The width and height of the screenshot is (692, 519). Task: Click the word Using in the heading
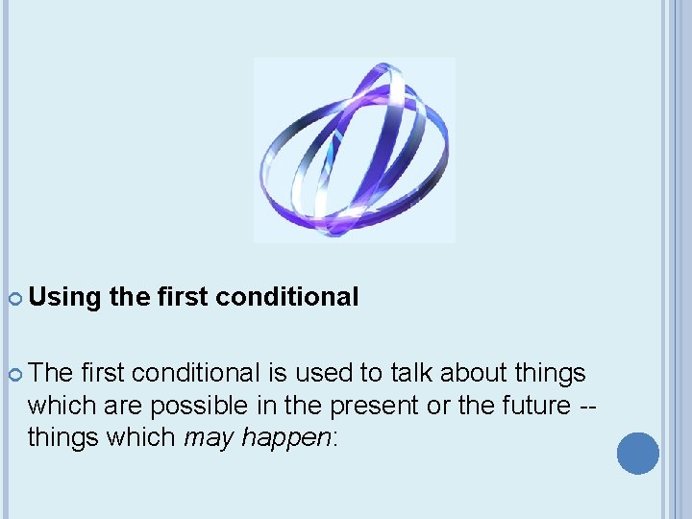[x=64, y=297]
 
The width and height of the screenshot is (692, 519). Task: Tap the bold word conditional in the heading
[x=287, y=297]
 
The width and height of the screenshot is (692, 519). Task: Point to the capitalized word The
[x=51, y=372]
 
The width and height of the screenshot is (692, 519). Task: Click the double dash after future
[x=586, y=406]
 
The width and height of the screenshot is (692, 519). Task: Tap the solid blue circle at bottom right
[x=637, y=453]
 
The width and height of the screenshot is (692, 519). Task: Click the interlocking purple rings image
[x=354, y=150]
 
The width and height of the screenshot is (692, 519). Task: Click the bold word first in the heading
[x=184, y=297]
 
